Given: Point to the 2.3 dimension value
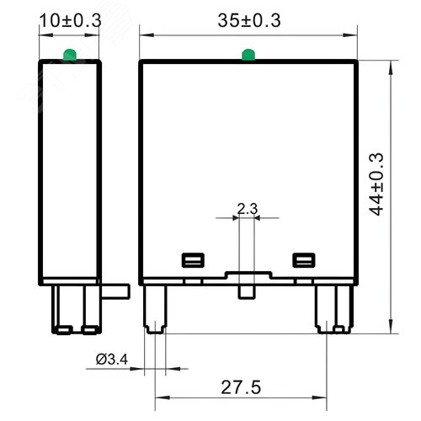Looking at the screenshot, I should pos(247,207).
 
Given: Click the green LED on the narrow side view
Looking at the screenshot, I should pos(69,56).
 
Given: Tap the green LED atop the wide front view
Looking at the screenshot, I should pos(247,56).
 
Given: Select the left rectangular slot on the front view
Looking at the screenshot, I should pos(192,259).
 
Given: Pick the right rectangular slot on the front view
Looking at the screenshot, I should pos(301,259).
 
